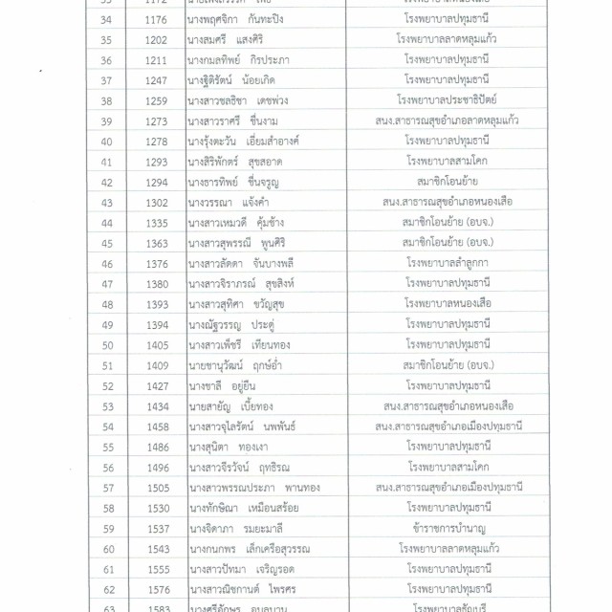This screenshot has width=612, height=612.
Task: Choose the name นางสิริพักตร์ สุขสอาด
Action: (233, 162)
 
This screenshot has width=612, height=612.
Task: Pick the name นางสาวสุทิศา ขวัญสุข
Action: (238, 304)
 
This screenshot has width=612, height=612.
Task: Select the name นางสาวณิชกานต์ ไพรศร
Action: (244, 588)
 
